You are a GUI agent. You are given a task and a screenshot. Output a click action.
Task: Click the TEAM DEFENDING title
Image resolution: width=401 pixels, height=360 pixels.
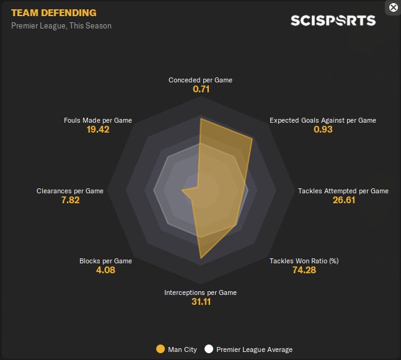54,12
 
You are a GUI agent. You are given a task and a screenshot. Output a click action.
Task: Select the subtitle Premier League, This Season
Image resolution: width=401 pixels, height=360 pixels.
61,26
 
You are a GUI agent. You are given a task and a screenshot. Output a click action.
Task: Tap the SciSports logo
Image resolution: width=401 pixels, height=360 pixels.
333,20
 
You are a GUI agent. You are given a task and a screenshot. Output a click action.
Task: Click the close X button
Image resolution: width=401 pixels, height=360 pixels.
393,7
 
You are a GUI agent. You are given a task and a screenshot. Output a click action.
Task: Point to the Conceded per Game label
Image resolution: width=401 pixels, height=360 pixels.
200,80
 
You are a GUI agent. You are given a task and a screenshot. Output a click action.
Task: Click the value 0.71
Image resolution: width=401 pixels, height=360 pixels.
200,90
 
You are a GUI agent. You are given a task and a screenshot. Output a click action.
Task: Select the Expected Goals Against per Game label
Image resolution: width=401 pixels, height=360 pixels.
322,120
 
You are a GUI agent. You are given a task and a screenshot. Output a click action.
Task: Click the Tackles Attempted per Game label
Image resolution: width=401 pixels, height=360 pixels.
343,191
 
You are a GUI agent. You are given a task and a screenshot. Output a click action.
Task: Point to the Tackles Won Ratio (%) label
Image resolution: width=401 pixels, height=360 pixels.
304,261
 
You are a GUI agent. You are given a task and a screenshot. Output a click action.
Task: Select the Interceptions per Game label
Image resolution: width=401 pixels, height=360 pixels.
200,292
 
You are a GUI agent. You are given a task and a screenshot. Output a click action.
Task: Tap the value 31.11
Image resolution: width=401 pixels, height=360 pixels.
200,302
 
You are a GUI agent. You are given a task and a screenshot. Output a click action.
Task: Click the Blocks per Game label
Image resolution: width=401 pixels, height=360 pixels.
105,261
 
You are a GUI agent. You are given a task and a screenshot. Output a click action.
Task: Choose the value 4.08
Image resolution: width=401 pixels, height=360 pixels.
105,271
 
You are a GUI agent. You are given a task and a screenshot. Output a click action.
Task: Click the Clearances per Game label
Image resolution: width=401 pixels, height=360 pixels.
70,191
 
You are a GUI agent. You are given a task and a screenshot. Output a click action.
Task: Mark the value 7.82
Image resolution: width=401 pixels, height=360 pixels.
70,201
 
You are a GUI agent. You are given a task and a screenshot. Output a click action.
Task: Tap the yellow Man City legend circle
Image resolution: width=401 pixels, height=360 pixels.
161,349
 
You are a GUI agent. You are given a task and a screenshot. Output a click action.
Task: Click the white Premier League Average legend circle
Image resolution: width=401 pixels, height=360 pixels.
209,349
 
